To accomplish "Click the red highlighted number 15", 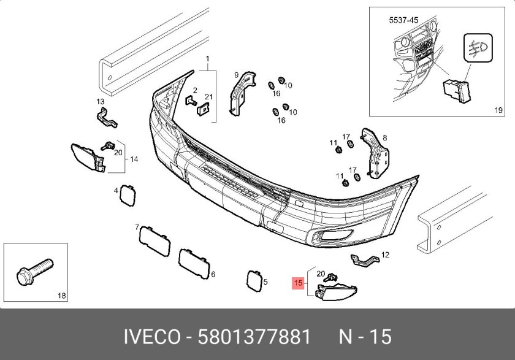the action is [298, 283].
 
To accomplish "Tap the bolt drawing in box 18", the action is [34, 271].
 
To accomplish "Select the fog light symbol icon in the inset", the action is [478, 48].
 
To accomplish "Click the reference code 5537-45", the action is [403, 20].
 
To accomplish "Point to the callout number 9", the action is [236, 75].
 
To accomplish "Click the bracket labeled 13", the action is [107, 118].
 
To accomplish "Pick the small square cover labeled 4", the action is [128, 196].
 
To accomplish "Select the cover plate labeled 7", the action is [154, 242].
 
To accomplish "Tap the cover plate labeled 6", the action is [194, 264].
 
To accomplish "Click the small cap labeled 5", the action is [254, 281].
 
